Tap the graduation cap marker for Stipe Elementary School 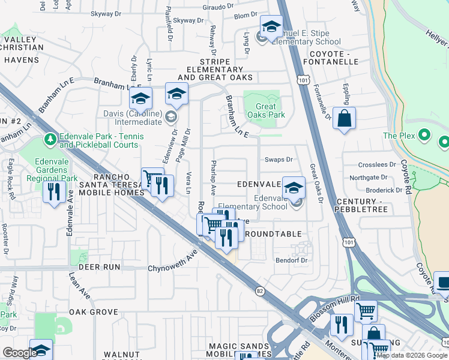pyautogui.click(x=271, y=27)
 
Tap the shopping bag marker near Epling pyautogui.click(x=345, y=119)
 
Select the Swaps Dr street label pyautogui.click(x=279, y=160)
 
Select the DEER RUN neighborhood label pyautogui.click(x=94, y=266)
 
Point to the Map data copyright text pyautogui.click(x=412, y=355)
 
